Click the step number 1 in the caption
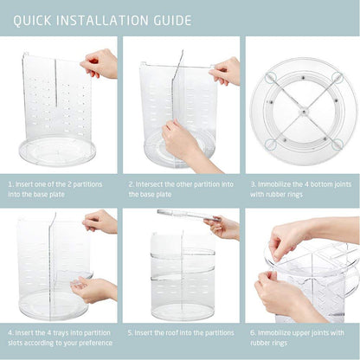point(11,183)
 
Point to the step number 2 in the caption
point(132,183)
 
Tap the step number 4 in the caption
point(11,330)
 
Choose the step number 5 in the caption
point(132,330)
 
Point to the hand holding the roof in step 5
point(224,228)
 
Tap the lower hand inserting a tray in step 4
point(95,288)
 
